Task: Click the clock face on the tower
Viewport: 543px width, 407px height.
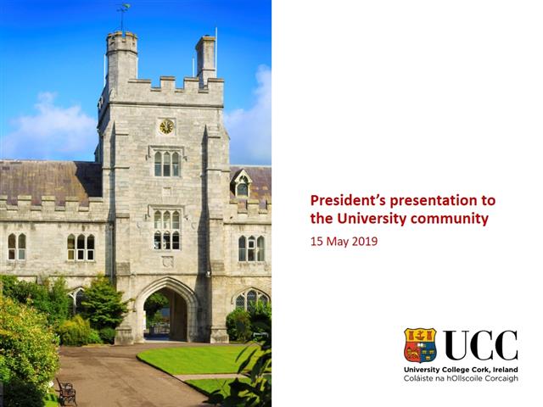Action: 166,126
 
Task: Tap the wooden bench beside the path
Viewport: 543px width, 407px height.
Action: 65,391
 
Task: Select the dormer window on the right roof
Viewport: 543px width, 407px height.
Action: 243,184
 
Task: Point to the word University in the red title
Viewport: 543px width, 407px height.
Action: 374,219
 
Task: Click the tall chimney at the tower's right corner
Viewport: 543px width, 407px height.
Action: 206,59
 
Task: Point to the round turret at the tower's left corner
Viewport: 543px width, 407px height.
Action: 121,59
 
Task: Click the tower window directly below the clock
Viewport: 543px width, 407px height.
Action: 166,163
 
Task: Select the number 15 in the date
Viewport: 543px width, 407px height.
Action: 316,241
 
